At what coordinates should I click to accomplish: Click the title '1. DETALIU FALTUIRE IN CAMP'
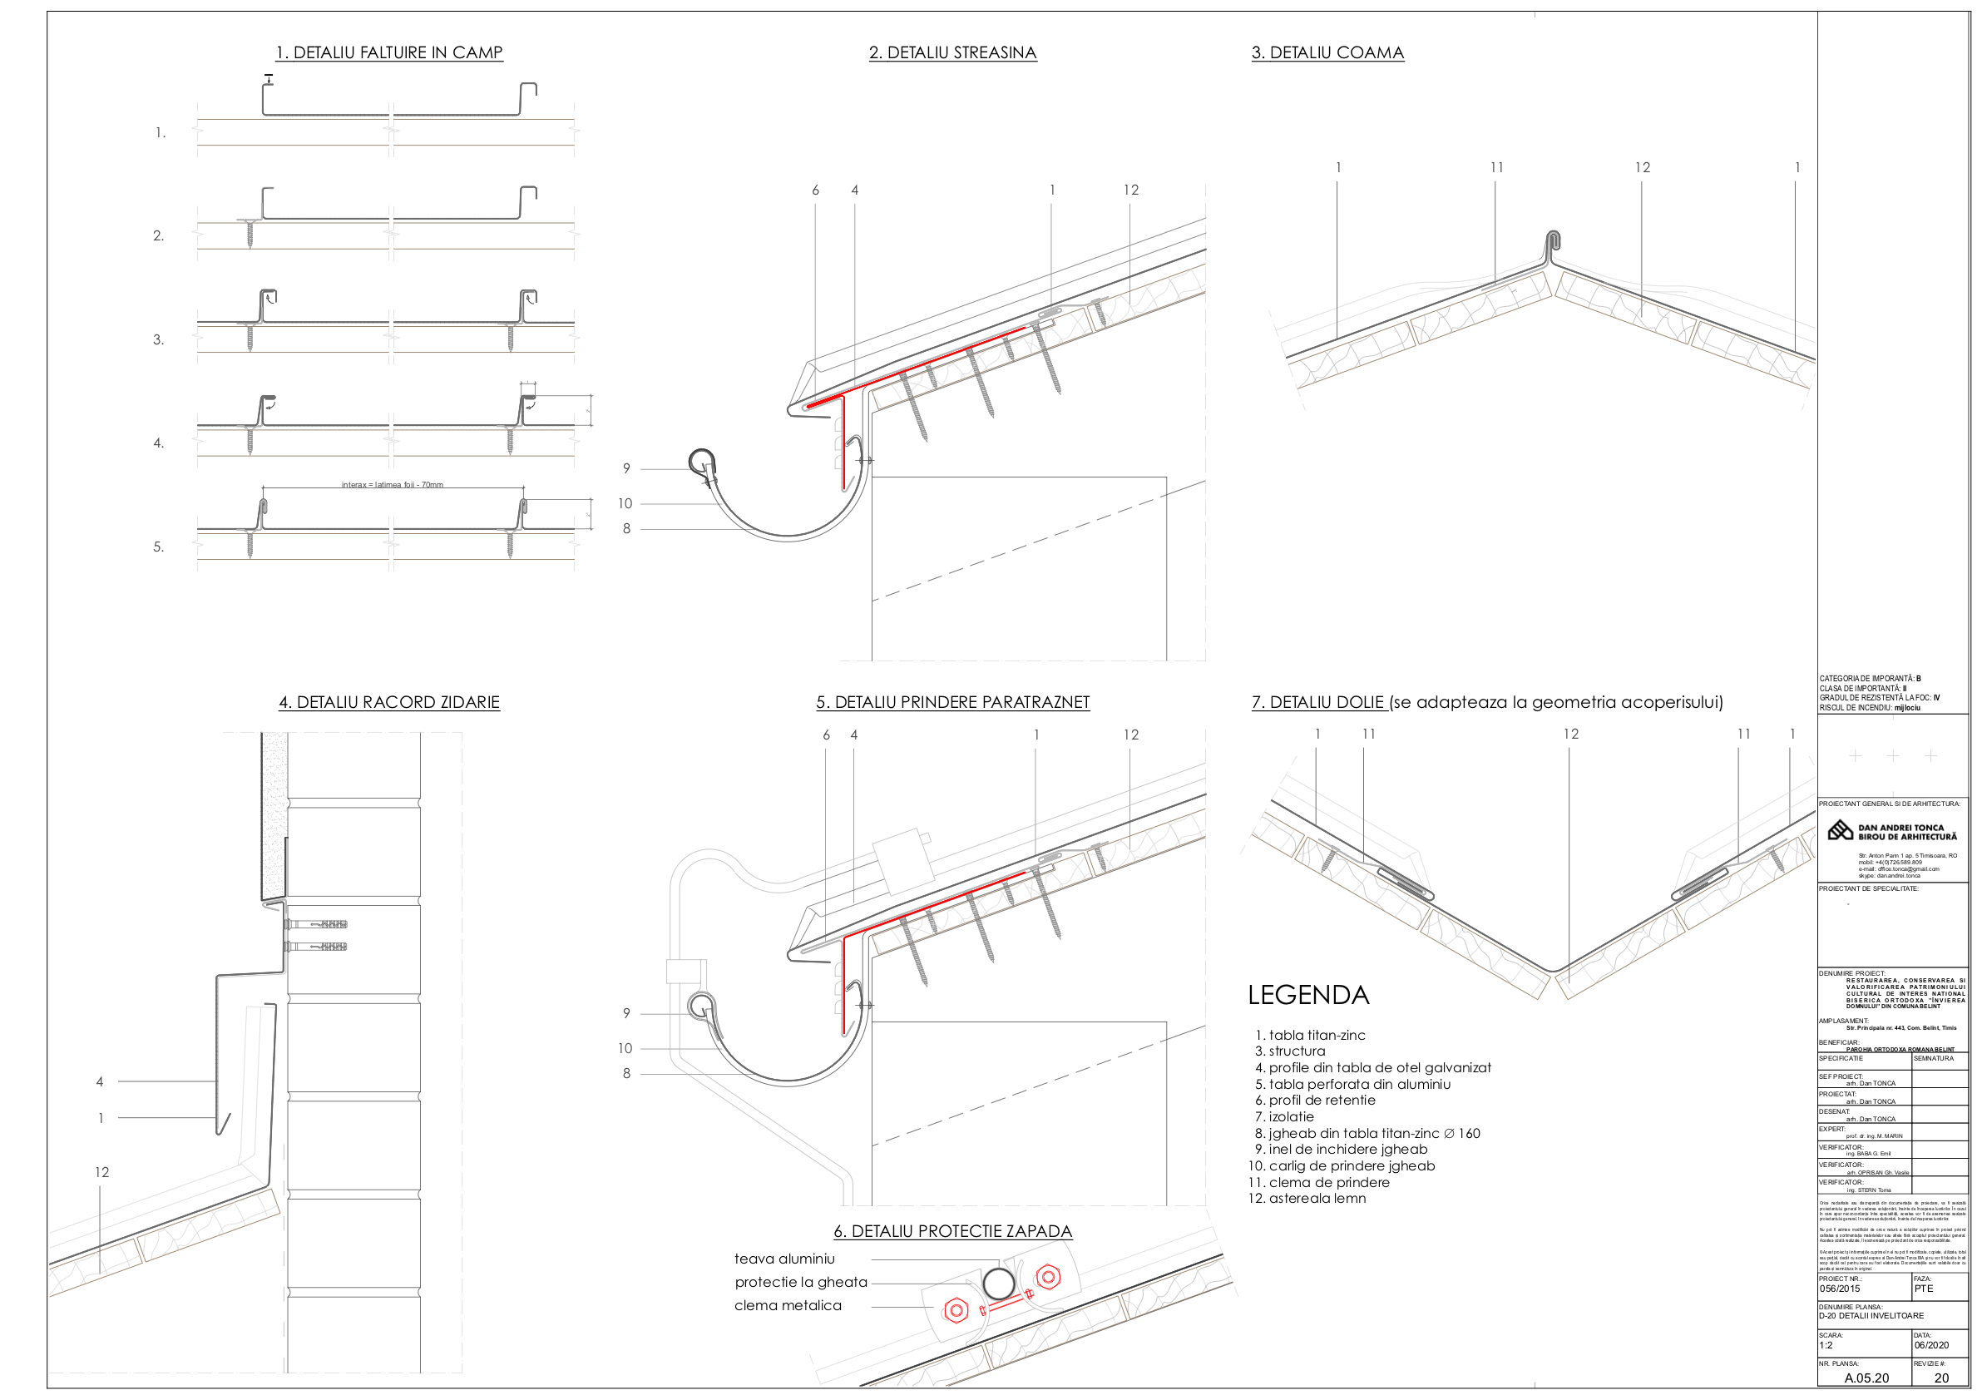click(388, 52)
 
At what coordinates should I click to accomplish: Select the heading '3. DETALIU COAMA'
click(1327, 52)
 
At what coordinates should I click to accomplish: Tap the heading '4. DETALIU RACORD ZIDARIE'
click(388, 702)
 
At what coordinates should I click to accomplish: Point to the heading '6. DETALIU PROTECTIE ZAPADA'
click(952, 1231)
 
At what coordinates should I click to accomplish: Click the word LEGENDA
click(1307, 995)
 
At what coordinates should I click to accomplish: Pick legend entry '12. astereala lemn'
click(1307, 1198)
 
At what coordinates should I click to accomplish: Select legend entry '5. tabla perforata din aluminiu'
click(1352, 1084)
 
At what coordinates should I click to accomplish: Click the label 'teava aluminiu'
click(783, 1259)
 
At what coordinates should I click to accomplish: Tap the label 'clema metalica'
click(788, 1305)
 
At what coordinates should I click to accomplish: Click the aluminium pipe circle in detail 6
click(999, 1284)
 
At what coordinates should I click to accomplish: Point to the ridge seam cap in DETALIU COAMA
click(1553, 242)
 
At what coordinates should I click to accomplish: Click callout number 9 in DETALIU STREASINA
click(627, 468)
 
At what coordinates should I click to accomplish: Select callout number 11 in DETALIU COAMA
click(1496, 167)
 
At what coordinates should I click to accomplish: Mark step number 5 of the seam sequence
click(159, 547)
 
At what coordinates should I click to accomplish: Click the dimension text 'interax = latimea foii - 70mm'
click(392, 485)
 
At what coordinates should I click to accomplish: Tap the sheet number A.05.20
click(1866, 1378)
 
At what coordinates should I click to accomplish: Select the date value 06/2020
click(1931, 1345)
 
